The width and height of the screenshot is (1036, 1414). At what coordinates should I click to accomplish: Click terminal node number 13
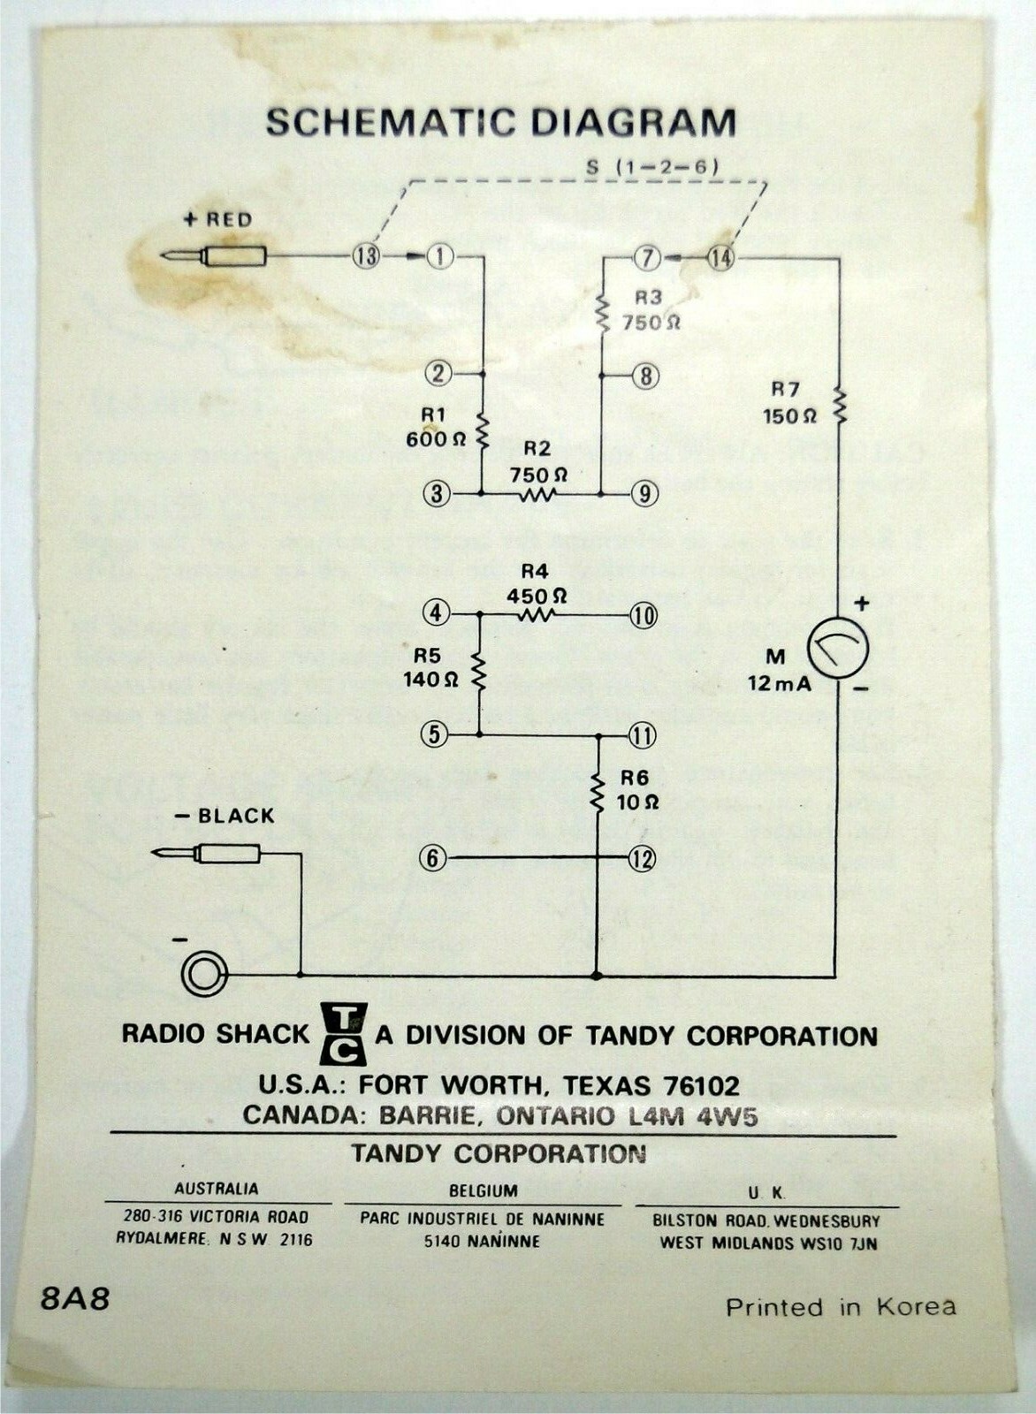[x=365, y=256]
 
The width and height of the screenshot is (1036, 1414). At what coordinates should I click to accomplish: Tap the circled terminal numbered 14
[x=720, y=258]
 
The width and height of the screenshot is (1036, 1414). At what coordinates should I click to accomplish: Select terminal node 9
[x=644, y=493]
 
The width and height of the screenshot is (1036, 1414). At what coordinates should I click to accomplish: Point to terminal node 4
[x=436, y=612]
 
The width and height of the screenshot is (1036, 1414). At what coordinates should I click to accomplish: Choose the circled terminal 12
[x=643, y=857]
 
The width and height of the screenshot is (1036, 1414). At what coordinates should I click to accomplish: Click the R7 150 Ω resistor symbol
[x=839, y=406]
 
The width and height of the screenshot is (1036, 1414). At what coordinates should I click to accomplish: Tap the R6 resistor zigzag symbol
[x=598, y=789]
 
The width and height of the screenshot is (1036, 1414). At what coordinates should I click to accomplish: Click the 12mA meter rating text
[x=779, y=683]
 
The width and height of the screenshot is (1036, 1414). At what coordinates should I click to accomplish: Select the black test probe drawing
[x=207, y=854]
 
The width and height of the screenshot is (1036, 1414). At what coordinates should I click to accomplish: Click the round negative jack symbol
[x=204, y=975]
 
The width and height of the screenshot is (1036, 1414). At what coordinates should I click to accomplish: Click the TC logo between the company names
[x=342, y=1033]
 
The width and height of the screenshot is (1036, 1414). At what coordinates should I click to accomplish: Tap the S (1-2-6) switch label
[x=651, y=166]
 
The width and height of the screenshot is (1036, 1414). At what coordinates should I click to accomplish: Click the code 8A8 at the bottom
[x=75, y=1300]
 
